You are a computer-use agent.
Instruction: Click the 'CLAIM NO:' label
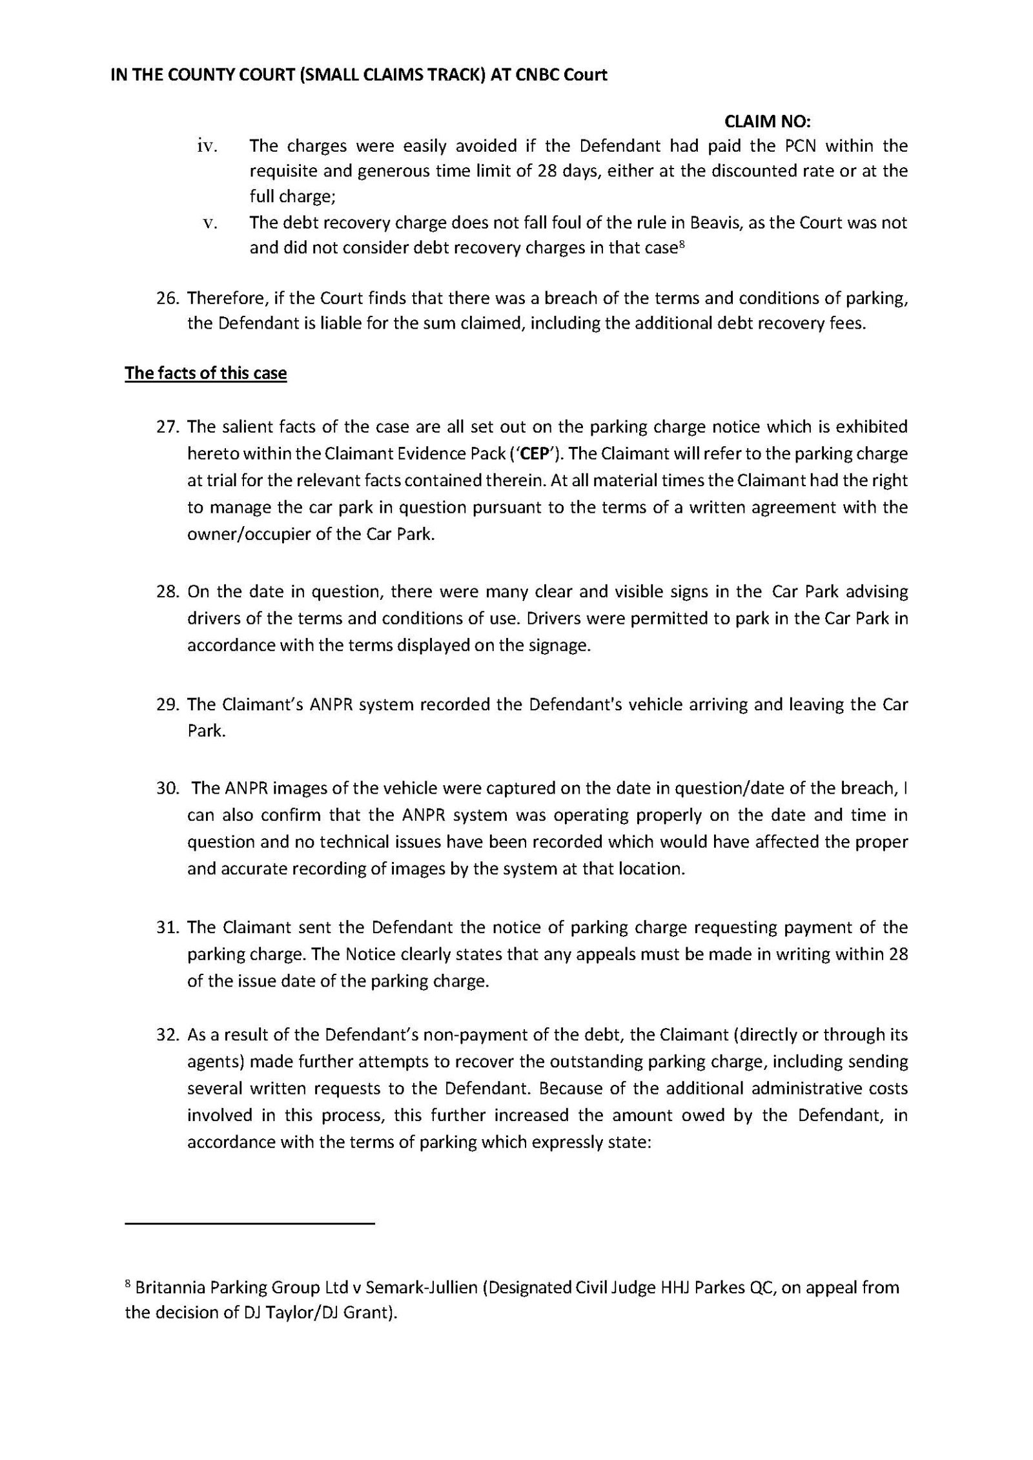click(x=768, y=121)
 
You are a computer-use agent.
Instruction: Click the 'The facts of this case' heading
click(x=206, y=373)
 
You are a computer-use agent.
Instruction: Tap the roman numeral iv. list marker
click(x=207, y=147)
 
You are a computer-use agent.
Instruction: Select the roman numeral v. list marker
click(x=209, y=223)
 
